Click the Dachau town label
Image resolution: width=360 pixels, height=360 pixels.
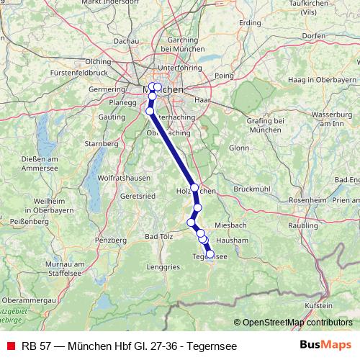pos(126,42)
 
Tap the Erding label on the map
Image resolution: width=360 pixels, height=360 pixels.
pos(250,23)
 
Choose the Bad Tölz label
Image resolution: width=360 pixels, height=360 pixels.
pos(159,235)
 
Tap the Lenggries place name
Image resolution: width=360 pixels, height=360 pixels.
pos(164,266)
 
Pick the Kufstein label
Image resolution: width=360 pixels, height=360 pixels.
pos(318,306)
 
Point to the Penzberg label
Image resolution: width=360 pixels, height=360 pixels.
pos(110,239)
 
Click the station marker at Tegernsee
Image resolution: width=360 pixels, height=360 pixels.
pos(210,253)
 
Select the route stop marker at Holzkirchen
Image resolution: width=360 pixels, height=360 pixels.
pos(194,187)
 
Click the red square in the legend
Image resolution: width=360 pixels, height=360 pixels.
pos(10,345)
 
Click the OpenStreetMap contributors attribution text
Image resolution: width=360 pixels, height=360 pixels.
pos(296,323)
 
